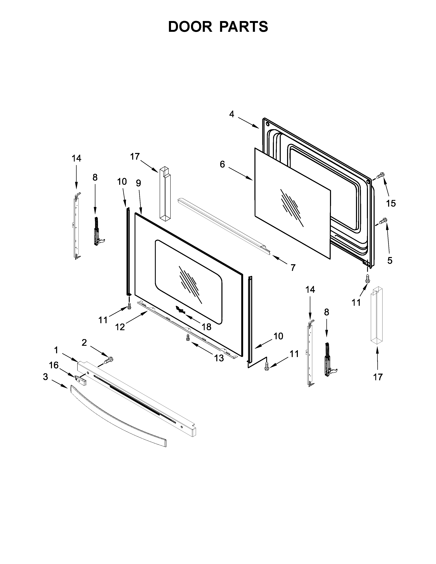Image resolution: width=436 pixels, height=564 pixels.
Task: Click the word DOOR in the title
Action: coord(190,27)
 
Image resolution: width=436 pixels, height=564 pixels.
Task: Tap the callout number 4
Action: coord(232,114)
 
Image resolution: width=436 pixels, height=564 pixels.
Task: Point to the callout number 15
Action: coord(391,204)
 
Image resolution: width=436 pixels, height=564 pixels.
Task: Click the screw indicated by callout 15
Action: coord(380,176)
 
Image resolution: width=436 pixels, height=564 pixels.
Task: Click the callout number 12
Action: coord(120,327)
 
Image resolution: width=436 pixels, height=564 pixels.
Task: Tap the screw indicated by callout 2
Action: coord(109,360)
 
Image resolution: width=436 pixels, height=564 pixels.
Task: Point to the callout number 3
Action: coord(45,377)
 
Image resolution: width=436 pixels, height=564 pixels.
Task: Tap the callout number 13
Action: coord(219,358)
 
